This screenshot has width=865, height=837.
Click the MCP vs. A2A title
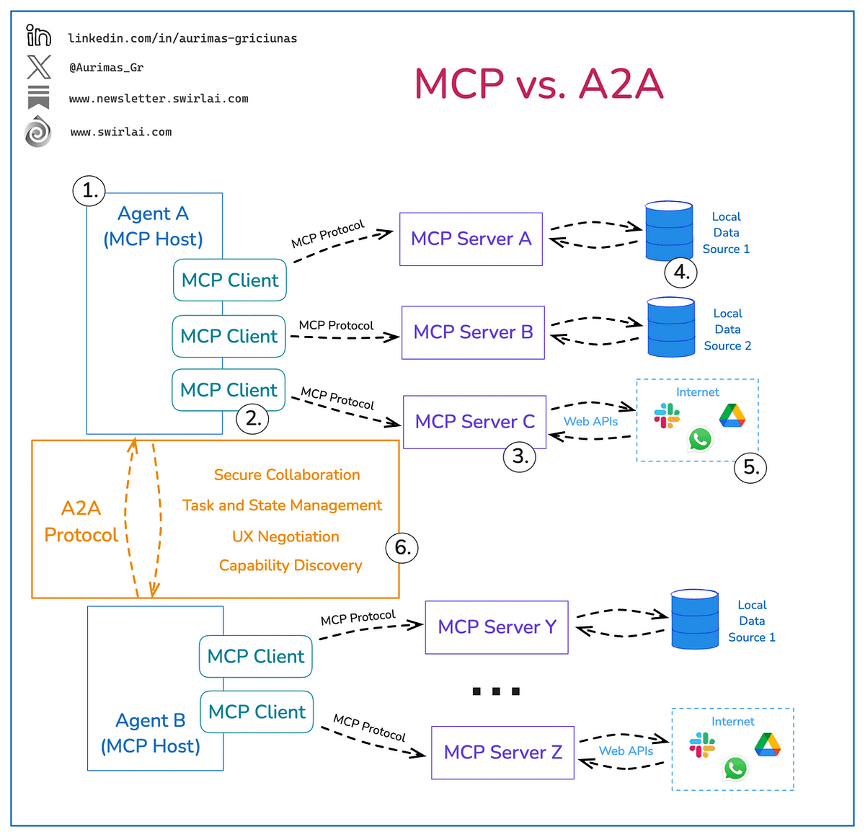tap(538, 84)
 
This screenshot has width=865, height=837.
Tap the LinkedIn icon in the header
tap(38, 35)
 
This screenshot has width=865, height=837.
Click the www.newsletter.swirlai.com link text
tap(159, 99)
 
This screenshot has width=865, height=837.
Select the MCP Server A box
tap(471, 239)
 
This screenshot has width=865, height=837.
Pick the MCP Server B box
tap(473, 332)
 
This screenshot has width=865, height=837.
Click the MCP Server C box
tap(474, 422)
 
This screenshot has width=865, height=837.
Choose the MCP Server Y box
tap(497, 627)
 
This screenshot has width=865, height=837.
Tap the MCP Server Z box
tap(502, 753)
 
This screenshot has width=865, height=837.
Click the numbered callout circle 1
tap(89, 191)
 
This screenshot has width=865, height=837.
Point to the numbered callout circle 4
tap(681, 273)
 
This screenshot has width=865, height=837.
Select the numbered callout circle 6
tap(402, 548)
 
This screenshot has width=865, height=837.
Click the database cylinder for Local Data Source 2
tap(671, 328)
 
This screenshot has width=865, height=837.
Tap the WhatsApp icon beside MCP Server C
tap(700, 439)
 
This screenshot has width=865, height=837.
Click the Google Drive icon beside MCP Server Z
tap(768, 744)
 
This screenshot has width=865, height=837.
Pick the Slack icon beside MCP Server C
tap(667, 416)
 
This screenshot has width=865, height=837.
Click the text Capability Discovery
tap(290, 566)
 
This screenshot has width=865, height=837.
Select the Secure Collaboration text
tap(287, 475)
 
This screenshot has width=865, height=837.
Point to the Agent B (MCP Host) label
tap(151, 733)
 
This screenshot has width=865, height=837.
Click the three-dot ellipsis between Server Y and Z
tap(496, 691)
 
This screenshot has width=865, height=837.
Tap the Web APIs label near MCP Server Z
tap(626, 751)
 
